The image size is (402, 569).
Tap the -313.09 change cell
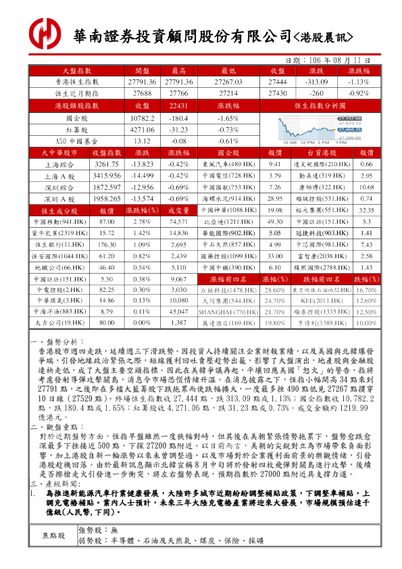[316, 81]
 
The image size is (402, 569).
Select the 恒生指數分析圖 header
[320, 106]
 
